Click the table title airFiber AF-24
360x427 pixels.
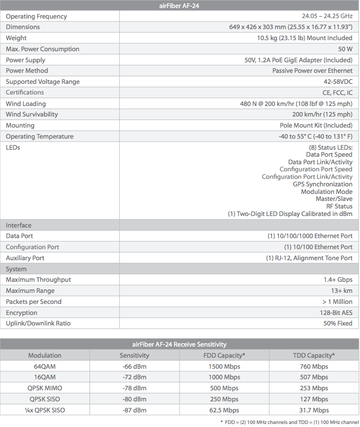(179, 6)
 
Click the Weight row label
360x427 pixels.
(16, 38)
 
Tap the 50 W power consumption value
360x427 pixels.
(345, 49)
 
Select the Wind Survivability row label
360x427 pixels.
(32, 115)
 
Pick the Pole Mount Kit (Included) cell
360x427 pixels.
(316, 126)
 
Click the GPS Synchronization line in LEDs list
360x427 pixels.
(322, 184)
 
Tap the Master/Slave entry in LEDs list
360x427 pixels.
(334, 199)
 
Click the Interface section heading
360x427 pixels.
(19, 226)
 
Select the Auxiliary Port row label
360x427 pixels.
(25, 258)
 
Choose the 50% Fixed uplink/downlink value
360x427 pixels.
(338, 324)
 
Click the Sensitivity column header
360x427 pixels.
(134, 356)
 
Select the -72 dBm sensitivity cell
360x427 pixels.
(134, 377)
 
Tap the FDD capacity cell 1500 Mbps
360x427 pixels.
(224, 367)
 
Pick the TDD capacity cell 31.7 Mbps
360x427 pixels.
(314, 410)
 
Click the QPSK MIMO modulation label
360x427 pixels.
(45, 388)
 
